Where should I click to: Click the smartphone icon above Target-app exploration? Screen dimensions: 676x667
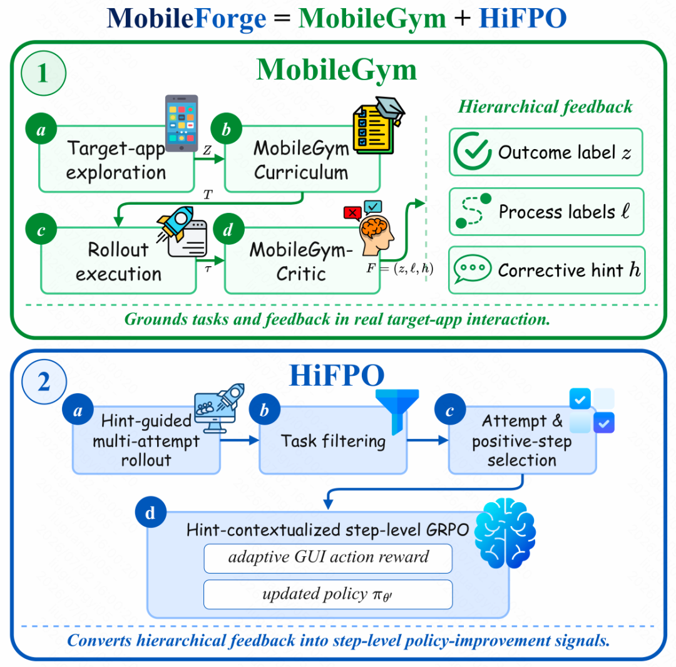pos(182,123)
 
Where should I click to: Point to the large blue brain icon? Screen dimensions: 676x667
pos(505,533)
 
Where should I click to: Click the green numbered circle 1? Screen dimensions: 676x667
pos(43,73)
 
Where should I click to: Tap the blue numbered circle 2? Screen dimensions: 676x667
pos(44,382)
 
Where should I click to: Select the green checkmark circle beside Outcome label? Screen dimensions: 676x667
pos(473,151)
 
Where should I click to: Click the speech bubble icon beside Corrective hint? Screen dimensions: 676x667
pos(472,269)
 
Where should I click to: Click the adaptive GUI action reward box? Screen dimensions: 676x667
pos(328,558)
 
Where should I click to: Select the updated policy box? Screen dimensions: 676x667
pos(328,594)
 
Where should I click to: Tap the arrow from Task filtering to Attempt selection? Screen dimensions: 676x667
pos(428,440)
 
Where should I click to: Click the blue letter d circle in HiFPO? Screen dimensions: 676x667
pos(150,512)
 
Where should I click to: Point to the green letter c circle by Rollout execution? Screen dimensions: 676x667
pos(41,229)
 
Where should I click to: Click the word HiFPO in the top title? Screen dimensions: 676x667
pos(523,18)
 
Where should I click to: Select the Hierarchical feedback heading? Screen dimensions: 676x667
pos(545,106)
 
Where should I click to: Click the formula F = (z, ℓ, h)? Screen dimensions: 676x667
pos(399,268)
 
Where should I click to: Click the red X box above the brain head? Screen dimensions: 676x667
pos(352,213)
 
